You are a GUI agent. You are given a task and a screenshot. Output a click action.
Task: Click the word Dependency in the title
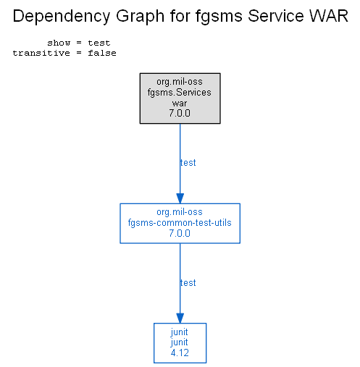[62, 17]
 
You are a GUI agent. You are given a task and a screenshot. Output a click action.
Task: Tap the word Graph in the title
[141, 17]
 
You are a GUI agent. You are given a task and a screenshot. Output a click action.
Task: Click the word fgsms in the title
[219, 17]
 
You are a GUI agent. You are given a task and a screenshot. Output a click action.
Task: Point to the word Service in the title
[276, 16]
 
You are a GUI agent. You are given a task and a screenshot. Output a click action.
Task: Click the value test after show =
[99, 43]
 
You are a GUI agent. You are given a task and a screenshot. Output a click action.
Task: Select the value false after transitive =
[102, 53]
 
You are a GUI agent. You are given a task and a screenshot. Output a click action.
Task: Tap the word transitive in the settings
[41, 53]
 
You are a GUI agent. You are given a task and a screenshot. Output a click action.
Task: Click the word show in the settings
[59, 43]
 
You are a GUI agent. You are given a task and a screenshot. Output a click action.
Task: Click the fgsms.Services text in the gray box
[180, 93]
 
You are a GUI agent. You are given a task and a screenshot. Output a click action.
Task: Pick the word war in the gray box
[180, 104]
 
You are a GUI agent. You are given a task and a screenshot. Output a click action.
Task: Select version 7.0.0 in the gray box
[180, 113]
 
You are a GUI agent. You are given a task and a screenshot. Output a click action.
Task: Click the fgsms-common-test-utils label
[180, 223]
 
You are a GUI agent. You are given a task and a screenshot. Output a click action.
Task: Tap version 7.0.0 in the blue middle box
[180, 233]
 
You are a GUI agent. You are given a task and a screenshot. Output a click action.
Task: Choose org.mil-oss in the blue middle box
[180, 212]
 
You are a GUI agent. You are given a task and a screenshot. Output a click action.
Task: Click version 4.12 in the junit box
[180, 353]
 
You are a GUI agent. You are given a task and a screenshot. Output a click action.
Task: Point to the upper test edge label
[188, 163]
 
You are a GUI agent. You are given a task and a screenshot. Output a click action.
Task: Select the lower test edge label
[188, 283]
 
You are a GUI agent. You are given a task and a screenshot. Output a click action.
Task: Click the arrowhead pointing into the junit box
[180, 319]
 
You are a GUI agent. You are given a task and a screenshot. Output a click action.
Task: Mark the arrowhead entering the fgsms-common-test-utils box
[180, 198]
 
